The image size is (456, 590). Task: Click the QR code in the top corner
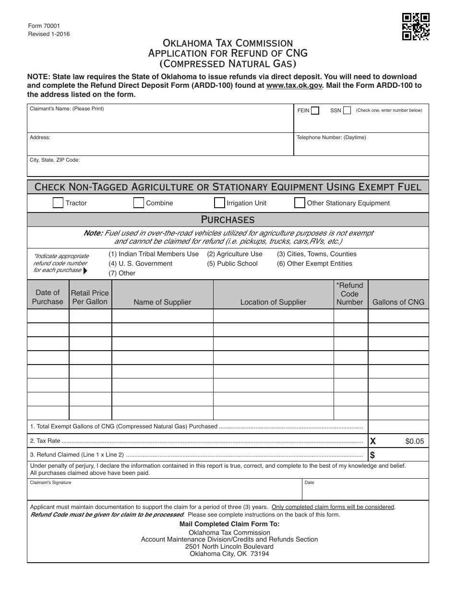tap(415, 26)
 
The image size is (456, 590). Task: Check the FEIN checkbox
tap(315, 111)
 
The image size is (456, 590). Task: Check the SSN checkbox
tap(348, 111)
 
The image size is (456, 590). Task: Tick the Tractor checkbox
tap(58, 203)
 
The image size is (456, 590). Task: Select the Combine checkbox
tap(139, 203)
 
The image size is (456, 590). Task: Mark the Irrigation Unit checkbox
tap(219, 203)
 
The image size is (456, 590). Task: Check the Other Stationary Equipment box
tap(300, 203)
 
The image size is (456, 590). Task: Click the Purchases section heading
tap(228, 220)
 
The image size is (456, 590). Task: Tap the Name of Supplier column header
tap(162, 302)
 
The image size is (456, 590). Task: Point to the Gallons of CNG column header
tap(398, 302)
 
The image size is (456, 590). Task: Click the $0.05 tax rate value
tap(415, 442)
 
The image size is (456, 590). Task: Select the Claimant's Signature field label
tap(50, 483)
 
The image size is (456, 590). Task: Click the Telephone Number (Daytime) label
tap(331, 138)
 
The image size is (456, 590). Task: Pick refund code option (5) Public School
tap(232, 263)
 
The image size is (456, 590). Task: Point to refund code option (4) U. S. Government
tap(140, 263)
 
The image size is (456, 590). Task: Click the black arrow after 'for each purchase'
tap(85, 271)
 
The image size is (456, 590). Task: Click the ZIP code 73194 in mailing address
tap(260, 554)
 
